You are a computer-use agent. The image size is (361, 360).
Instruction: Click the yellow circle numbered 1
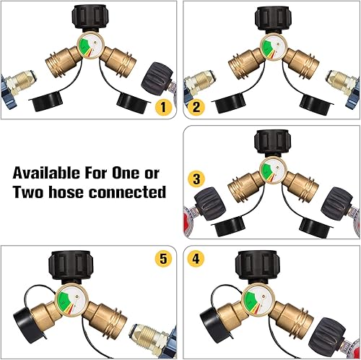pyautogui.click(x=163, y=110)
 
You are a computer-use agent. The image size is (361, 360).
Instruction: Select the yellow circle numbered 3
pyautogui.click(x=196, y=178)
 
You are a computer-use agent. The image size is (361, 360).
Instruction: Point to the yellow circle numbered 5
pyautogui.click(x=164, y=257)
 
